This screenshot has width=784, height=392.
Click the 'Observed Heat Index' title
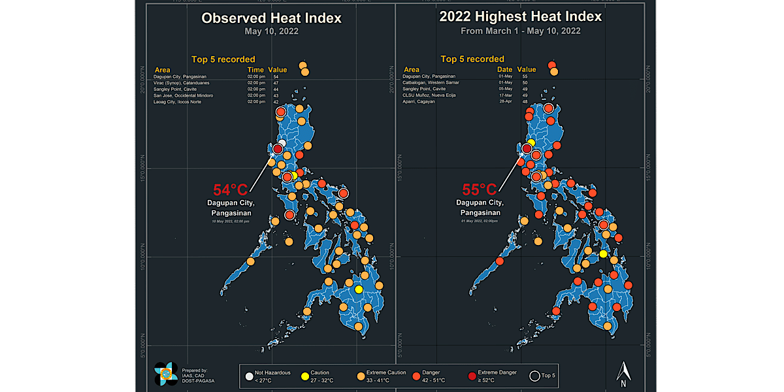point(271,18)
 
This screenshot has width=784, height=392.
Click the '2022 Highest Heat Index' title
point(521,16)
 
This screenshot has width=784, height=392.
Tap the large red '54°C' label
point(231,190)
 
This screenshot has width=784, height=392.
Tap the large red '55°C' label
point(480,190)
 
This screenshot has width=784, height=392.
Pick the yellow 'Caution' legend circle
point(304,376)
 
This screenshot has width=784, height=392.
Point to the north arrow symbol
point(624,373)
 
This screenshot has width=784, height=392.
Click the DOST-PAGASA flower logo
point(165,374)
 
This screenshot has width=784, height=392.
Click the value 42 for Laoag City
point(276,102)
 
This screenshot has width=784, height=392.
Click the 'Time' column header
point(255,69)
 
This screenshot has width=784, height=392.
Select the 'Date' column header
point(505,69)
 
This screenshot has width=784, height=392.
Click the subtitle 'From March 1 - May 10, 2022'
point(520,31)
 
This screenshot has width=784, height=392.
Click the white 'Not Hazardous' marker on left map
point(282,143)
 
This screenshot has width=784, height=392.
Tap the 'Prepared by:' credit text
point(195,370)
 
